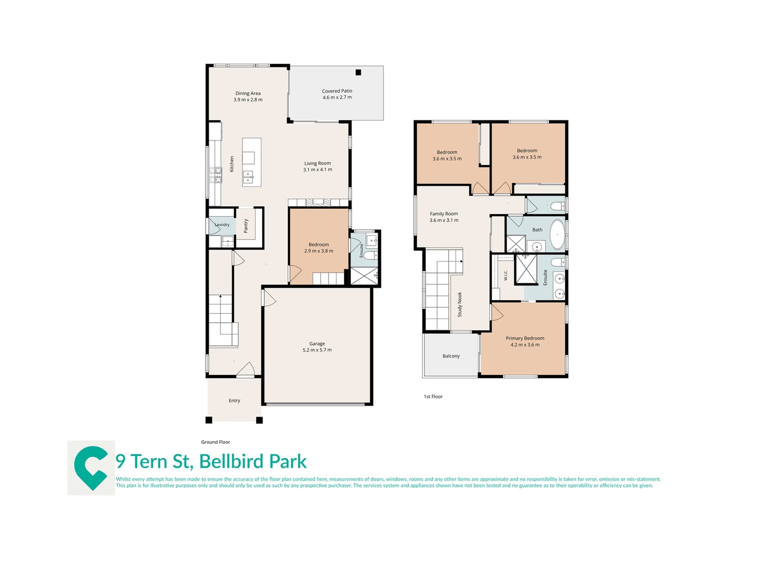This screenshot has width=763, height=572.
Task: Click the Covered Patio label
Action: [x=337, y=91]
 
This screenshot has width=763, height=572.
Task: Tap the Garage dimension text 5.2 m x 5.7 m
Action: [x=317, y=350]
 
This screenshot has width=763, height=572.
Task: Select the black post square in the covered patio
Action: [x=358, y=72]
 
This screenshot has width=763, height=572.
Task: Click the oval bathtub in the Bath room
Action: [x=557, y=234]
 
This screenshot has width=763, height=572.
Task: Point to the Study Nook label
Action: [x=460, y=304]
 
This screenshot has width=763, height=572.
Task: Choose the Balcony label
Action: [x=451, y=356]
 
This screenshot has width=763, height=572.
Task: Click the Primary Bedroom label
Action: [x=524, y=338]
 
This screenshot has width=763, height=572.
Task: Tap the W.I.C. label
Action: [x=505, y=275]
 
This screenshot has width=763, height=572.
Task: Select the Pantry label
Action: [x=246, y=226]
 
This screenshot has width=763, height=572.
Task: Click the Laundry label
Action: [x=222, y=224]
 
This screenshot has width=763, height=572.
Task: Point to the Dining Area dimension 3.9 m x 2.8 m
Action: [x=248, y=100]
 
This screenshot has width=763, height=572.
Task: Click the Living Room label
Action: [x=317, y=163]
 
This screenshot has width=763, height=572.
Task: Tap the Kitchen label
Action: [x=232, y=164]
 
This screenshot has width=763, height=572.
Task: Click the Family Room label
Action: [x=444, y=214]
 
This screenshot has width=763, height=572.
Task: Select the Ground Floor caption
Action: [x=215, y=442]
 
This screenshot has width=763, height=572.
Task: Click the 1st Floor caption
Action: [x=433, y=396]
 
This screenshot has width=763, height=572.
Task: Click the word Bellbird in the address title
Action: [x=232, y=461]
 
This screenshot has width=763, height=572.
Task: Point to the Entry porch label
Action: [x=234, y=400]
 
